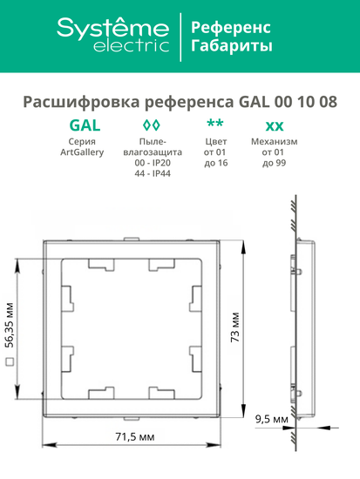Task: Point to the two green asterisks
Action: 214,123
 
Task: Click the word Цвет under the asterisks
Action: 214,141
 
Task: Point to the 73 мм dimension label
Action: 233,334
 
